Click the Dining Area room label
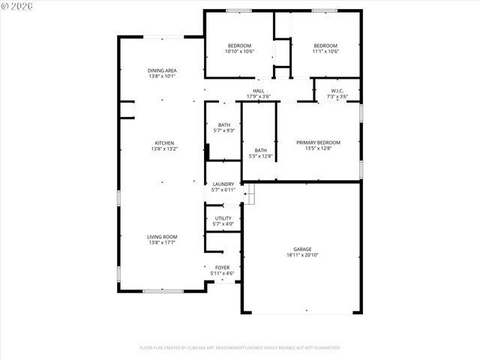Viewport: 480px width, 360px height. coord(162,70)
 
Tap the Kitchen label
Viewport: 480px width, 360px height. coord(164,143)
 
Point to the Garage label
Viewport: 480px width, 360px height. coord(302,249)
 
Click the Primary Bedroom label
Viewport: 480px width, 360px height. coord(318,142)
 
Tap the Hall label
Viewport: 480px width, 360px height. coord(258,91)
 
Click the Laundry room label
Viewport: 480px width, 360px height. coord(223,184)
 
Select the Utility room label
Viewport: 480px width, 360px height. coord(223,218)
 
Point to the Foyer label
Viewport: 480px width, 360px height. coord(223,267)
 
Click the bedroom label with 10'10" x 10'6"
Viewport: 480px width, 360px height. coord(240,46)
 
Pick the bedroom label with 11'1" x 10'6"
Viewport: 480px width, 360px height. coord(325,46)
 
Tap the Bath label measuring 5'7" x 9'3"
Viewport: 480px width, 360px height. coord(224,124)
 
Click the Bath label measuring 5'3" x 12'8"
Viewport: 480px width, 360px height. coord(260,150)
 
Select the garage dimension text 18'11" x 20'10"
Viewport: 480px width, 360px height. coord(302,255)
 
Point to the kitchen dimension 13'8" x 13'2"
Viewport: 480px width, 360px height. coord(164,149)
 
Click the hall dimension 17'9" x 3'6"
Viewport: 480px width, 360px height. coord(258,97)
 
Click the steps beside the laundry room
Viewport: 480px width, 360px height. coord(250,193)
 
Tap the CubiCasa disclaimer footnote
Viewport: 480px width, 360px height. coord(240,347)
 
